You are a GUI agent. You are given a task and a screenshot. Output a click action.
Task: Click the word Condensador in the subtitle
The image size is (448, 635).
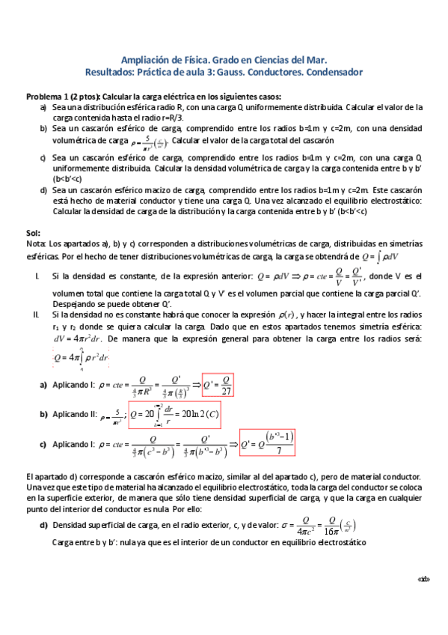(327, 73)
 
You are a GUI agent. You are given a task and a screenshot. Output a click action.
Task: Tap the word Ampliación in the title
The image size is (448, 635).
(147, 60)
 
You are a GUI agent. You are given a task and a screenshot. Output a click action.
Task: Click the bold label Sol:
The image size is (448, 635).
(33, 234)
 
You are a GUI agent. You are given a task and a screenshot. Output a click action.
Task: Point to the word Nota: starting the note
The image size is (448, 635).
(36, 244)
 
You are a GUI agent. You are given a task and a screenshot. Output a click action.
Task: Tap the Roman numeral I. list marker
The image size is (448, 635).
(37, 276)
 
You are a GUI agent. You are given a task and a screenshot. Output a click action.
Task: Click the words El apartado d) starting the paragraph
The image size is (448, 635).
(49, 477)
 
